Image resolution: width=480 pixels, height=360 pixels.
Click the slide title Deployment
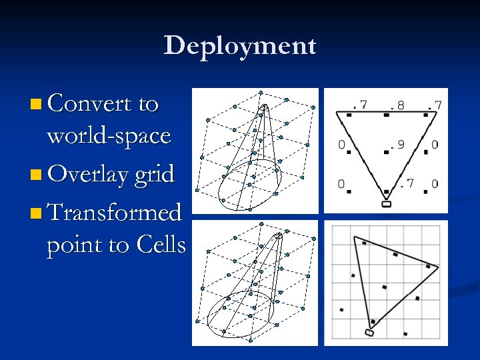tap(240, 45)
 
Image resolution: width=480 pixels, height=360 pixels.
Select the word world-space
tap(109, 136)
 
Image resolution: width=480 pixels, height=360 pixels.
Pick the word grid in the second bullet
tap(155, 175)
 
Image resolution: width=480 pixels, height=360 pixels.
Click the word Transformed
tap(114, 213)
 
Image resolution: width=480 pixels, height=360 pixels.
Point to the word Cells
tap(161, 245)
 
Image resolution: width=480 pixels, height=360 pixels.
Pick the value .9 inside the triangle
tap(397, 144)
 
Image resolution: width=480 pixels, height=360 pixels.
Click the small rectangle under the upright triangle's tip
tap(386, 204)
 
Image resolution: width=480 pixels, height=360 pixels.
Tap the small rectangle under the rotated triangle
tap(370, 332)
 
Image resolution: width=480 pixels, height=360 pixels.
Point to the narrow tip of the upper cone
tap(264, 107)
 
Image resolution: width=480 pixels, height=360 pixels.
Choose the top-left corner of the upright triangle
tap(337, 112)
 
